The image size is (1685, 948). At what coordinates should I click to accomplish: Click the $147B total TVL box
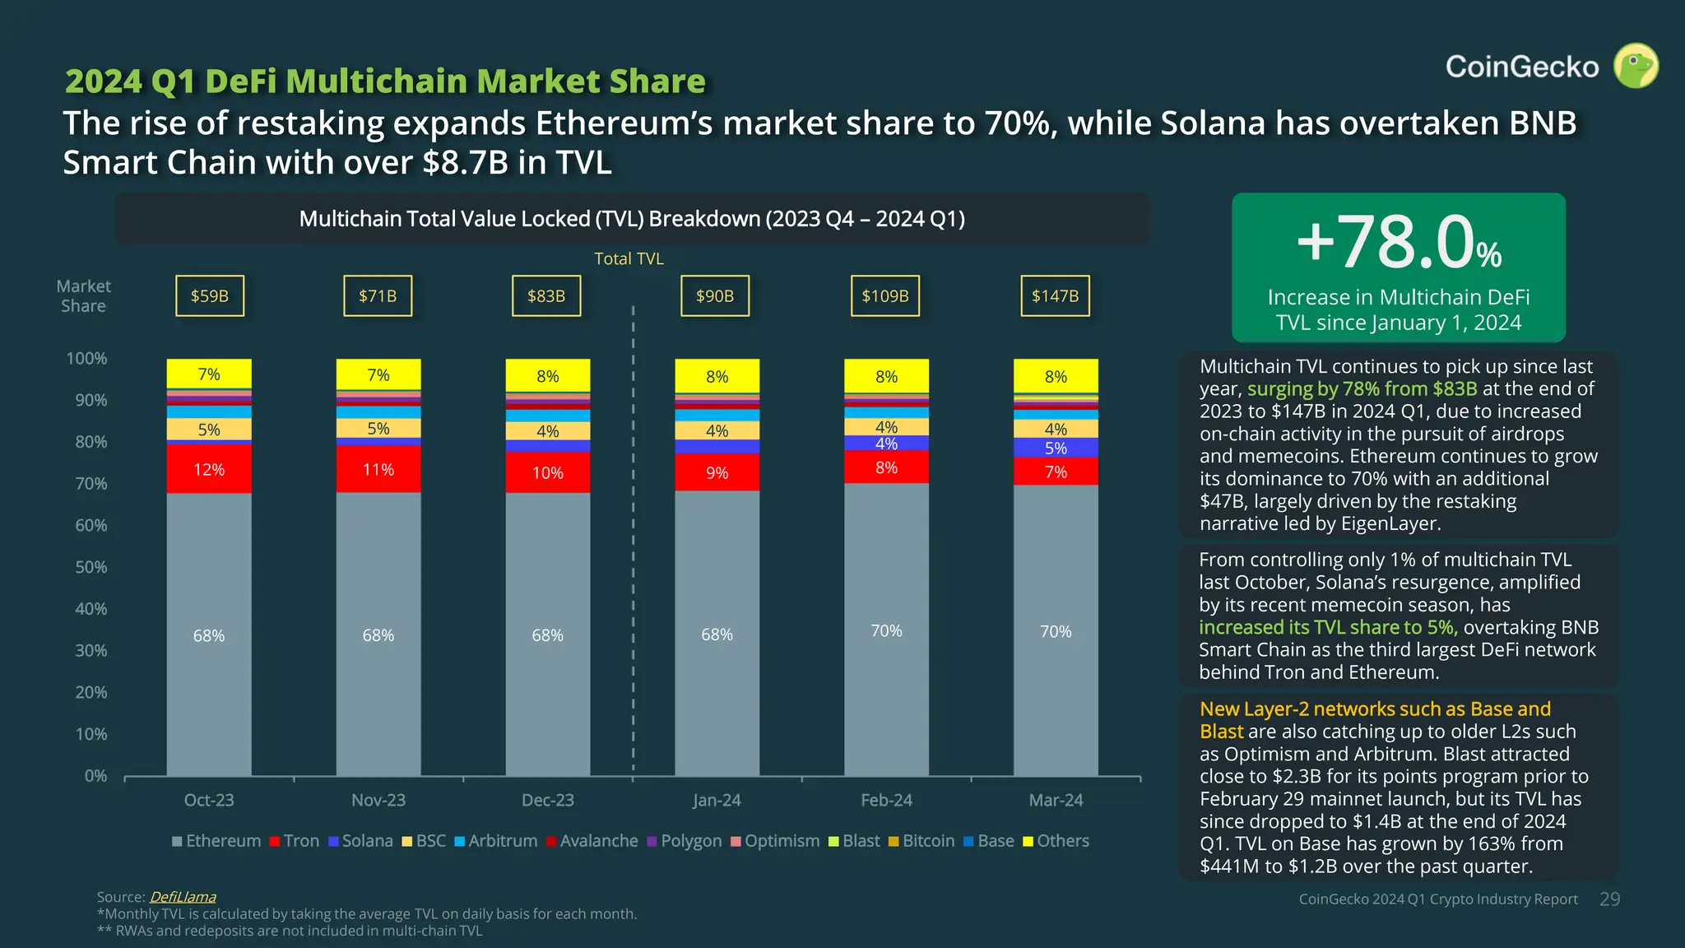[x=1055, y=296]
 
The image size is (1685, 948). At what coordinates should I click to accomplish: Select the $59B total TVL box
[x=209, y=296]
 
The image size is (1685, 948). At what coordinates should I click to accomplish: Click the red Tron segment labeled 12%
[x=209, y=469]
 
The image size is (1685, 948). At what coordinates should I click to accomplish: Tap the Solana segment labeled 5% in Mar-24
[x=1056, y=448]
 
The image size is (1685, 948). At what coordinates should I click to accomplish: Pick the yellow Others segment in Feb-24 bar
[x=886, y=376]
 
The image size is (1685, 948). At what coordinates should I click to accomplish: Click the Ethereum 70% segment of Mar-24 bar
[x=1056, y=631]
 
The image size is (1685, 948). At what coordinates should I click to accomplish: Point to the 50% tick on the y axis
[x=91, y=567]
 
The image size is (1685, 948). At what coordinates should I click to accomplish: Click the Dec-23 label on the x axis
[x=547, y=800]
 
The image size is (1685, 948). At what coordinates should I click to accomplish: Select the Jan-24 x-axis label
[x=717, y=800]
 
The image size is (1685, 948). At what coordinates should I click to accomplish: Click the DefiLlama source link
[x=183, y=897]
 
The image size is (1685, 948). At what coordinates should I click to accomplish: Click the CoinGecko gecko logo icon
[x=1635, y=66]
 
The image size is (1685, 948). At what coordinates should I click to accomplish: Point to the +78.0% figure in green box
[x=1399, y=243]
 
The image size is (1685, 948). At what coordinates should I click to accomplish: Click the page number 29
[x=1609, y=899]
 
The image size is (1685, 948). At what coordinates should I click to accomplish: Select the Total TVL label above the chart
[x=629, y=258]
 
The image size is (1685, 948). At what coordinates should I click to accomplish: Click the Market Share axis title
[x=83, y=296]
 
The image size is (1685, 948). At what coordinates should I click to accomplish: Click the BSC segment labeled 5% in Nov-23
[x=378, y=428]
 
